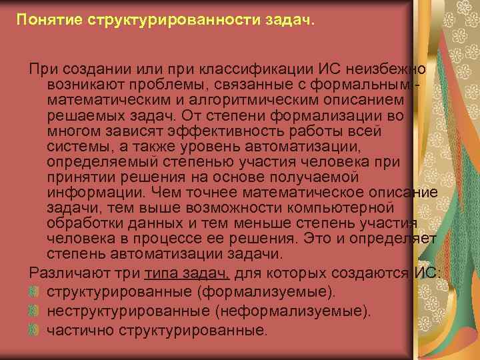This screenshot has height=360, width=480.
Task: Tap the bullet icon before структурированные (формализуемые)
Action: (35, 291)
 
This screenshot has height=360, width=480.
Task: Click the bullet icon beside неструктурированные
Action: (35, 310)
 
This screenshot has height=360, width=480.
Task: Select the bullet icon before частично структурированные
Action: (35, 329)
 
